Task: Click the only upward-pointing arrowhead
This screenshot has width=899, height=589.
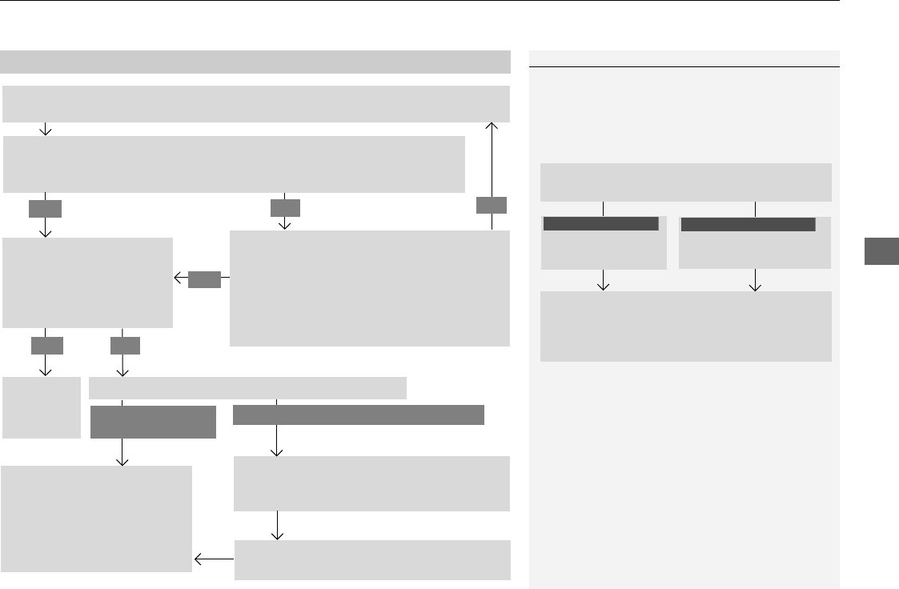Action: [x=492, y=126]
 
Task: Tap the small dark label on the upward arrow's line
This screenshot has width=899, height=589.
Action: [x=492, y=206]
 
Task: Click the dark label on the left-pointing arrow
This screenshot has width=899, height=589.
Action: [x=204, y=278]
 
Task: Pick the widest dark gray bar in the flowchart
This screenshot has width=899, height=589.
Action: [x=359, y=415]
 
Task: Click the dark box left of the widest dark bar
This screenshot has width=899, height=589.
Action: [x=153, y=422]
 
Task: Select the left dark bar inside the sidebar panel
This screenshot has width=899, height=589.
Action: [x=600, y=224]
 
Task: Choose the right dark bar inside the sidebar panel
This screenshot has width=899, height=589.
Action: [x=748, y=224]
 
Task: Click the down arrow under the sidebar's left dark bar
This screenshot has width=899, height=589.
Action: [x=604, y=281]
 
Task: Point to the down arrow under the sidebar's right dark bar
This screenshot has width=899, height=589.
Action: [x=755, y=281]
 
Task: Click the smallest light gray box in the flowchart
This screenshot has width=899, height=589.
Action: [x=42, y=407]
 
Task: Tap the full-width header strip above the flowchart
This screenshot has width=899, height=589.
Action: [x=255, y=62]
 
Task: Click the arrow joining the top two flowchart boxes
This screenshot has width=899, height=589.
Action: [x=46, y=129]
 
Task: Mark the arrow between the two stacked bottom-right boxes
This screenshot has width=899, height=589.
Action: [x=277, y=527]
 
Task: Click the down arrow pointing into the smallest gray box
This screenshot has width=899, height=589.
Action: [x=46, y=365]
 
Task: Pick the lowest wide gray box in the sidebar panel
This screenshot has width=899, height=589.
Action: [x=685, y=327]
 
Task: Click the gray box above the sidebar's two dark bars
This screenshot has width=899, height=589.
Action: [x=685, y=182]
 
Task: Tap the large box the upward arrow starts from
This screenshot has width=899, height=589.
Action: [x=370, y=288]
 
